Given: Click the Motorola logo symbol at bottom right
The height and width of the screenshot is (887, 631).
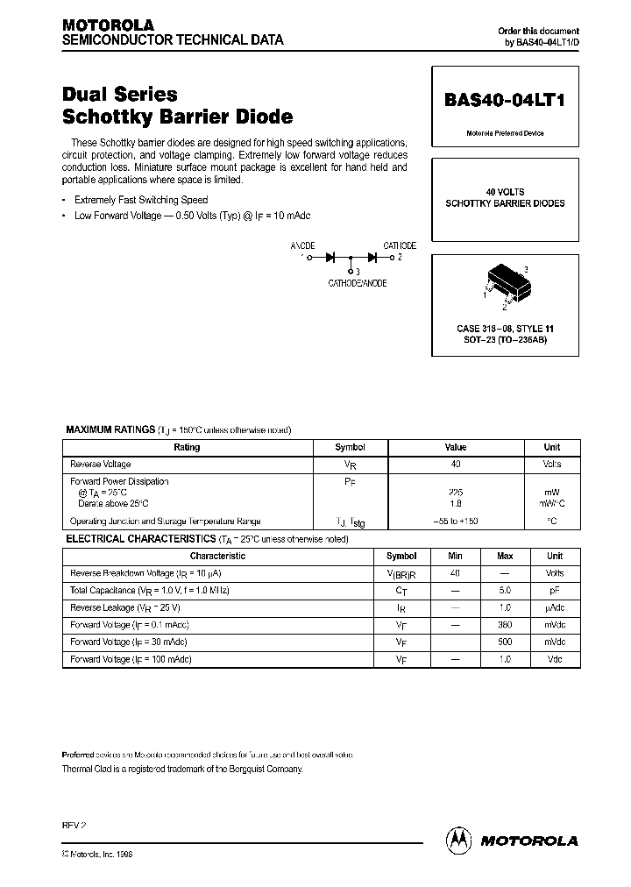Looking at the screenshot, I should (457, 839).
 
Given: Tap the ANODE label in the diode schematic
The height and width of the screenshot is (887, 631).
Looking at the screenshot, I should (302, 245).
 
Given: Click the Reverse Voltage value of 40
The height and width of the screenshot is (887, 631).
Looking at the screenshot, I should (455, 464).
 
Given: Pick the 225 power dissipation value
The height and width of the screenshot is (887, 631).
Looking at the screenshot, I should (455, 493).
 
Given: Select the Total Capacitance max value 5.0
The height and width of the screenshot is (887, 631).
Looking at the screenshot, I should (505, 591).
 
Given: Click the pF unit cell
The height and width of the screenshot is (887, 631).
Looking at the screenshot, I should (555, 591).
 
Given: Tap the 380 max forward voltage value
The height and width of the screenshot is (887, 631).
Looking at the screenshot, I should (505, 625).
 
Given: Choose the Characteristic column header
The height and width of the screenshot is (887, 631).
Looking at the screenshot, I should (218, 556).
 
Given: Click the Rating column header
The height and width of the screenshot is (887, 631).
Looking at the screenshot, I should (187, 447).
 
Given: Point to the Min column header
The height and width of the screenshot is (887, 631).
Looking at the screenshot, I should (455, 556).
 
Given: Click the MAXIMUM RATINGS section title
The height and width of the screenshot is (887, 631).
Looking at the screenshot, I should (111, 429).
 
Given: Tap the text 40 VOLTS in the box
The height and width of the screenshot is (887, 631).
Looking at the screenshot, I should (504, 191).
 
